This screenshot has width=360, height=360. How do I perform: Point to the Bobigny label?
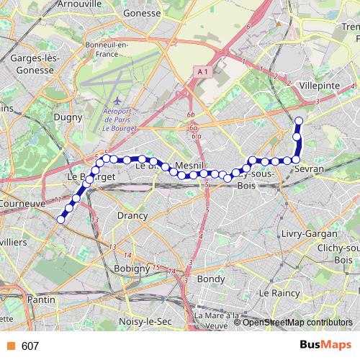130,268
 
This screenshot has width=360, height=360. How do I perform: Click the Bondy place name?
211,278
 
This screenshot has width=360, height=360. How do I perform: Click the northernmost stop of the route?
299,120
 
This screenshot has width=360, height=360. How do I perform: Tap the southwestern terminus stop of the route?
60,220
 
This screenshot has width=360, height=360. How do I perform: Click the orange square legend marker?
10,346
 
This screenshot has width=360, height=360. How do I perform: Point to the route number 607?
30,346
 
